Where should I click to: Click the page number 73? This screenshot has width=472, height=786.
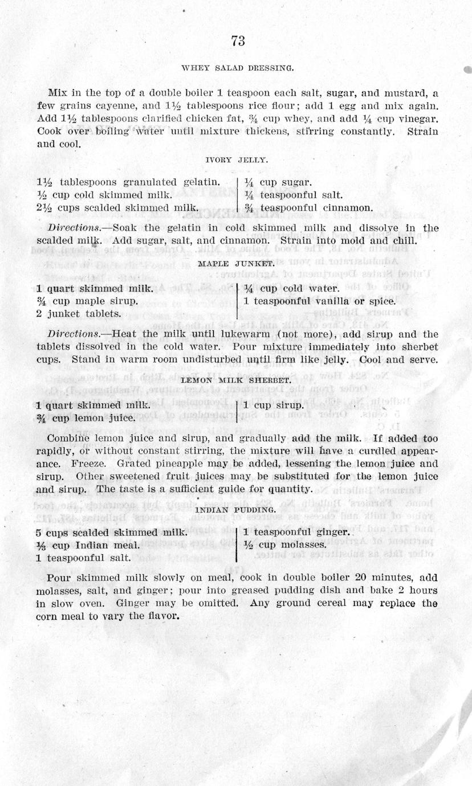pos(238,41)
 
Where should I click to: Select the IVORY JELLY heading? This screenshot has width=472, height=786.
pos(236,161)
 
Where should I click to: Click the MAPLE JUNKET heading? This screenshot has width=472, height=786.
pos(236,264)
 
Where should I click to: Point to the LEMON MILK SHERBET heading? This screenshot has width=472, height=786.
pos(236,379)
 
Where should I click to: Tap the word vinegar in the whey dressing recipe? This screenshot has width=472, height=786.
pos(416,118)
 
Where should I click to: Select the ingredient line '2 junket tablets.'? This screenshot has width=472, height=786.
pos(78,313)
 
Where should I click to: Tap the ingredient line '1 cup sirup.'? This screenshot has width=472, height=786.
pos(272,406)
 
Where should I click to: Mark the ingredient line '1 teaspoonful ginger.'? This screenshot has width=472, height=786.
pos(296,532)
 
